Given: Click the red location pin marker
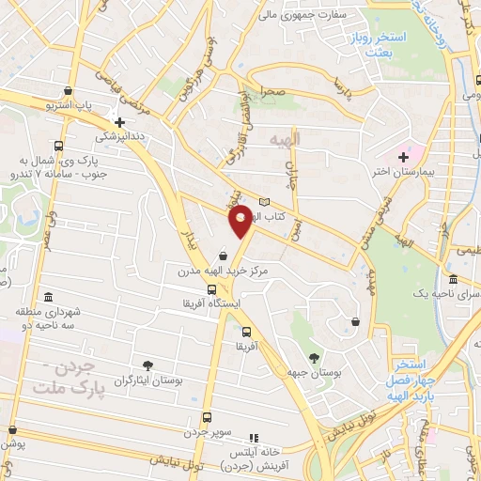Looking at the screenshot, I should click(x=241, y=222).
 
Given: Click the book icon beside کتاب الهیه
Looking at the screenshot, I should click(x=264, y=203).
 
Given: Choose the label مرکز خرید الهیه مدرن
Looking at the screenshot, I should click(x=224, y=271).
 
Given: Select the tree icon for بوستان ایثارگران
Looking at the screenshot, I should click(x=147, y=365).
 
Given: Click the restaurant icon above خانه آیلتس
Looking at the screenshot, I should click(x=253, y=438).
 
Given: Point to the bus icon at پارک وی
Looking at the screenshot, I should click(x=59, y=146).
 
